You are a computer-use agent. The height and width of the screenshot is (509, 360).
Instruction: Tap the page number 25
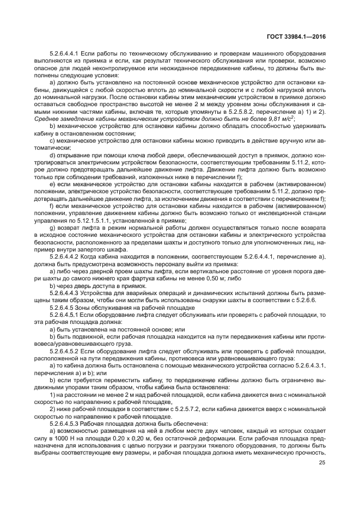[321, 462]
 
